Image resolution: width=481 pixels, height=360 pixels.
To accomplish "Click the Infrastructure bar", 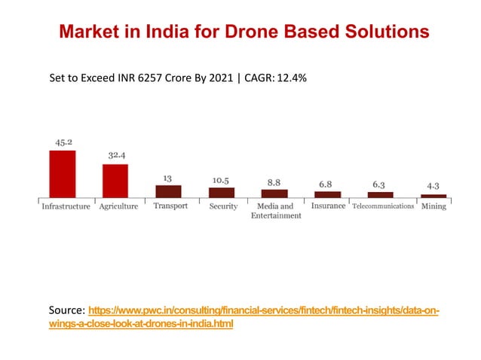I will click(62, 173).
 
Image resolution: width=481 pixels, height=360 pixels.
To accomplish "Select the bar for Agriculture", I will click(115, 180).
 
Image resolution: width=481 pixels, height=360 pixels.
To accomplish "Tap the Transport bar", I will click(168, 191).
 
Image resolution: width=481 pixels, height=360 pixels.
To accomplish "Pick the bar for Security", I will click(222, 192).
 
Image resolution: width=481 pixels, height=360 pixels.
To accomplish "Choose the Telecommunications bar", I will click(380, 194).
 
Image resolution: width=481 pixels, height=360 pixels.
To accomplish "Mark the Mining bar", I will click(434, 196).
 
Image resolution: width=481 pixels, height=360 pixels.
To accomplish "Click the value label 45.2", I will click(63, 142).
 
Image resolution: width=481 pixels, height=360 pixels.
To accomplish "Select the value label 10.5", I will click(221, 181).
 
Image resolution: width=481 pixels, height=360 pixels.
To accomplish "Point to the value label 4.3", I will click(434, 185).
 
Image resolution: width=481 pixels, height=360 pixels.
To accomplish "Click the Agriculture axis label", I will click(118, 206).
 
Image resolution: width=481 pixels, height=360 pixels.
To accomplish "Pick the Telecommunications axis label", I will click(383, 206).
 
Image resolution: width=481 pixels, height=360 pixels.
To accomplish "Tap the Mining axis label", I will click(434, 206).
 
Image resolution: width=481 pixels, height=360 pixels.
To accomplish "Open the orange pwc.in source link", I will click(264, 311).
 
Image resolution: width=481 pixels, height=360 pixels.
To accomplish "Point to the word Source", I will click(66, 311).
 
